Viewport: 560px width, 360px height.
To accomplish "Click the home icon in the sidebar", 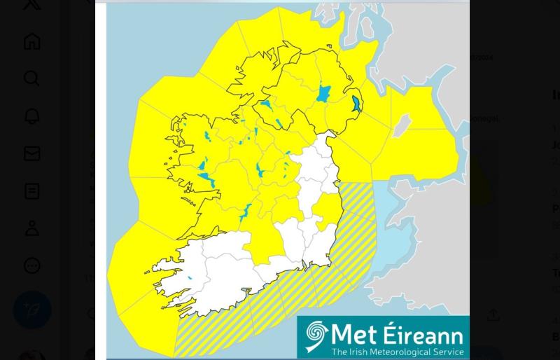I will (31, 41).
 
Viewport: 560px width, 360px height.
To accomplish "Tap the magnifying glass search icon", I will (31, 78).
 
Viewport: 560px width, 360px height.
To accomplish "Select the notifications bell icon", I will (31, 116).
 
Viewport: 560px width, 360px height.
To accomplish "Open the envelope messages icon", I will (31, 153).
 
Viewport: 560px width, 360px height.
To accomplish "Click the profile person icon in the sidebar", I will (31, 228).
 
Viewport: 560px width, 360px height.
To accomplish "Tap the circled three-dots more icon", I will (31, 266).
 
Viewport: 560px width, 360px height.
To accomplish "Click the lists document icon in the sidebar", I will (31, 191).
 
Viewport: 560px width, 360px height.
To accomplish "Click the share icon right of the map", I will (493, 315).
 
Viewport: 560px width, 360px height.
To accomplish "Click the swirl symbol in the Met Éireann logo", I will (316, 337).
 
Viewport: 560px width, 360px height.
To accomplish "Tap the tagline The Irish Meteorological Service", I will (397, 352).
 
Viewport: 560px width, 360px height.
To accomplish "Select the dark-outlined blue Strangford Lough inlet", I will (357, 104).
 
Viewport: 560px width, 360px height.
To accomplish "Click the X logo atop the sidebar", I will (31, 4).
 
